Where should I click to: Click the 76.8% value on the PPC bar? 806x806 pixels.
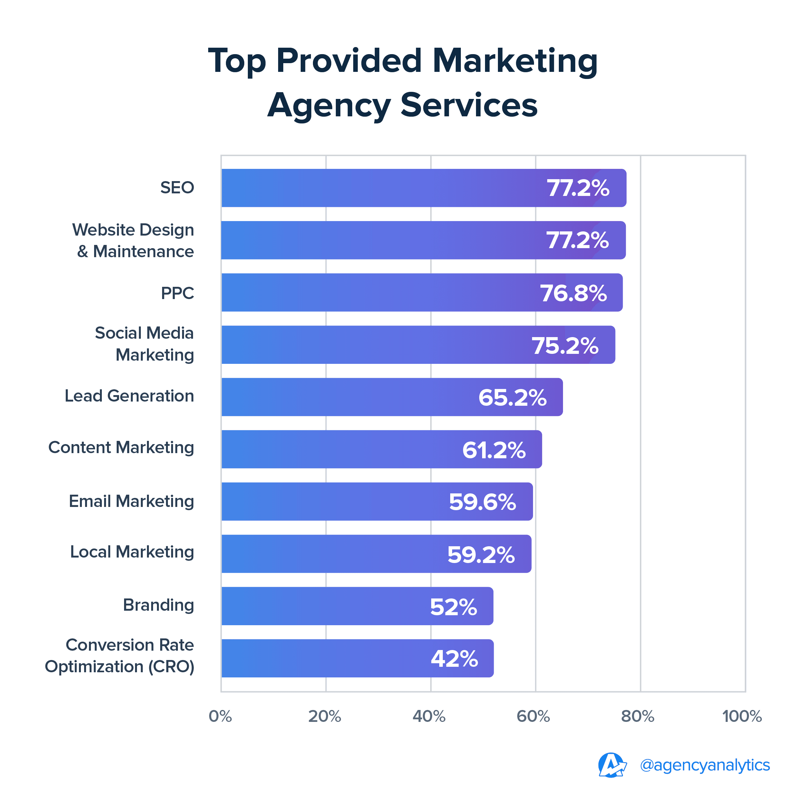(573, 293)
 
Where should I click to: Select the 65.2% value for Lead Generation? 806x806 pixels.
(512, 398)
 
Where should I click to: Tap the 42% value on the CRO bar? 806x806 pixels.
(454, 659)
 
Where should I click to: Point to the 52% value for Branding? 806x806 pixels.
(453, 607)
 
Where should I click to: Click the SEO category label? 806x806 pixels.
(177, 188)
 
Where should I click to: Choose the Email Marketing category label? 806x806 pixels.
(131, 501)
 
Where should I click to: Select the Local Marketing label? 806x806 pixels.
(132, 552)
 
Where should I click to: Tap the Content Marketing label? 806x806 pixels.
(121, 448)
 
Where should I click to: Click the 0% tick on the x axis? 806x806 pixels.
(220, 716)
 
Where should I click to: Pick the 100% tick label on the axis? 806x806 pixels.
(742, 716)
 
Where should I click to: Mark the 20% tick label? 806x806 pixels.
(325, 716)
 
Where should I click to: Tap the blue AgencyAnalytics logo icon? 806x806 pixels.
(612, 765)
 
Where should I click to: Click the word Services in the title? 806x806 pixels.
(469, 105)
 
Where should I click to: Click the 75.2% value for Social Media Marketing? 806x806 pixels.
(565, 346)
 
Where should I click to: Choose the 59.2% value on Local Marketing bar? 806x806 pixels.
(481, 555)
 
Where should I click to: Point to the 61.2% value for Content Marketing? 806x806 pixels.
(494, 450)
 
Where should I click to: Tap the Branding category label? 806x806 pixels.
(159, 605)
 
